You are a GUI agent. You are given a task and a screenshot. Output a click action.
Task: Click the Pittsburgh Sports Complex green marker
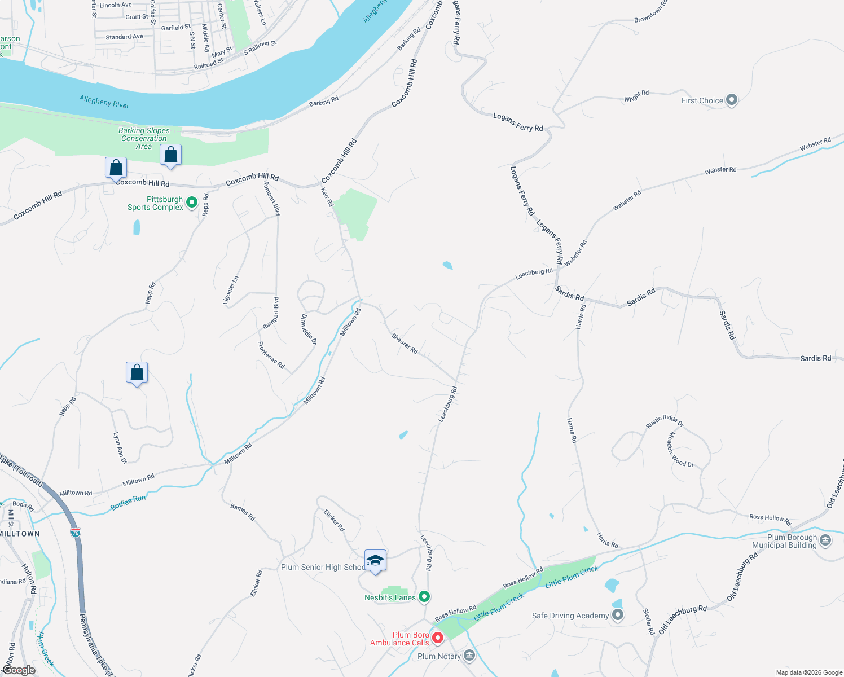192,202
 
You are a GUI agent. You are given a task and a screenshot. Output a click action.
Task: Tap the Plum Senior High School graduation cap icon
375,561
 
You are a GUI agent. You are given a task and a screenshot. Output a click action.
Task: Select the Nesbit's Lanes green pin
425,596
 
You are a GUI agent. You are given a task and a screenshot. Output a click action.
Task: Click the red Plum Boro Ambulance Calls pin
438,638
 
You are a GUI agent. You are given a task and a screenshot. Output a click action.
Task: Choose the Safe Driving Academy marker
618,615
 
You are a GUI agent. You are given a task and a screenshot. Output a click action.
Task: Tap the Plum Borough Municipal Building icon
825,540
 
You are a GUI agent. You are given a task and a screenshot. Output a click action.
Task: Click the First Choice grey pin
732,100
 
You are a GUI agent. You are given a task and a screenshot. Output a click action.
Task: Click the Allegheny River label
104,102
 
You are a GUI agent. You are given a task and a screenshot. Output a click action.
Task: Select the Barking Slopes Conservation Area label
144,138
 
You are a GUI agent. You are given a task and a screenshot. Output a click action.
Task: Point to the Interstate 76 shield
76,532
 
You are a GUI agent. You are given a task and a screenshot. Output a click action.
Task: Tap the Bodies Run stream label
128,502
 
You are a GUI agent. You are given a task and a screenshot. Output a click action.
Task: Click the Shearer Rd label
405,344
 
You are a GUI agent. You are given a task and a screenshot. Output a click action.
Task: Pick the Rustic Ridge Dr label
665,421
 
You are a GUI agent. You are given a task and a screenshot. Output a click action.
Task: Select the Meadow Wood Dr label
680,450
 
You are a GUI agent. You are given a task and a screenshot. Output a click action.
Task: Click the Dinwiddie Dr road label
309,329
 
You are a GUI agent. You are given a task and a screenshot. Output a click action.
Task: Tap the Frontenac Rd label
271,355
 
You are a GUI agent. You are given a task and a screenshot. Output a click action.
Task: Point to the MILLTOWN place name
20,534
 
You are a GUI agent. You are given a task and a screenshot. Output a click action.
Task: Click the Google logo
19,670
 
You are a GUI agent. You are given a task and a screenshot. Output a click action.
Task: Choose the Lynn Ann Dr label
120,448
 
